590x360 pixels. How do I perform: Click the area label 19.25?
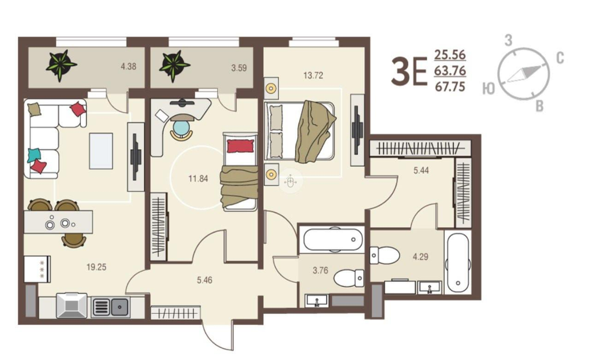[x=96, y=267]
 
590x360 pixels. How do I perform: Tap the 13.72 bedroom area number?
[x=313, y=75]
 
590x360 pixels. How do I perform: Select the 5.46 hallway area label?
[x=204, y=280]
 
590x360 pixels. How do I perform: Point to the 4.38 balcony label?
[x=128, y=67]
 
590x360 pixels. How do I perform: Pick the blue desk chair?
[x=181, y=128]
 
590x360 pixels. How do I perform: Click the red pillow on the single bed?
[x=240, y=146]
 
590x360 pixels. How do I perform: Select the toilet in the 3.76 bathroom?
[x=349, y=278]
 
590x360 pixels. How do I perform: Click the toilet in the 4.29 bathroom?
[x=385, y=255]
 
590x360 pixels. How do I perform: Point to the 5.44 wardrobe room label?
[x=421, y=170]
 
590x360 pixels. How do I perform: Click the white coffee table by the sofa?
[x=101, y=151]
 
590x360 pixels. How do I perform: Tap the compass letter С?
[x=560, y=58]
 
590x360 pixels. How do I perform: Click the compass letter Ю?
[x=488, y=89]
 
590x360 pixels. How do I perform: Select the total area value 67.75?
[x=450, y=87]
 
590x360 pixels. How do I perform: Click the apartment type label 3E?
[x=409, y=71]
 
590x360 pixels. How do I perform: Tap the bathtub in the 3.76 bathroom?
[x=333, y=239]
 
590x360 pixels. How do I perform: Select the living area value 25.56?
[x=450, y=55]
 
